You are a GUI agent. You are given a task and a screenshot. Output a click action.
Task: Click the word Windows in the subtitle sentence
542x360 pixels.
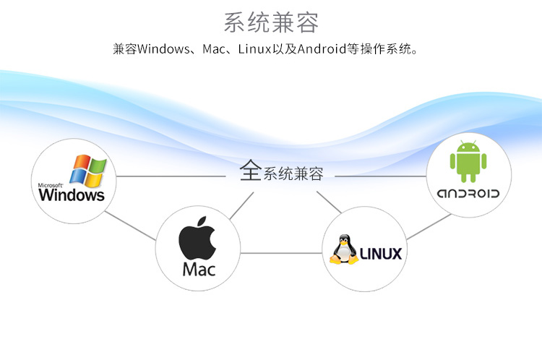162,50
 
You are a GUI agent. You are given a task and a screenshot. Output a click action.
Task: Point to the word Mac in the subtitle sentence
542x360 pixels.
208,50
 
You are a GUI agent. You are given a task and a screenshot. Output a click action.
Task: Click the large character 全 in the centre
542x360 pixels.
250,171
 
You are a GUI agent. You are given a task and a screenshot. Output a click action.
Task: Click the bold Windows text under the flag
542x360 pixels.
72,195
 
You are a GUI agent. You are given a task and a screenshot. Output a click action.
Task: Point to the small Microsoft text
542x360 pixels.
51,185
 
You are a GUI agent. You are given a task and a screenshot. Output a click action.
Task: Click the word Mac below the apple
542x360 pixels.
199,270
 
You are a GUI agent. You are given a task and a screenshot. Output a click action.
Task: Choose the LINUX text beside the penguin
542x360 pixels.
380,254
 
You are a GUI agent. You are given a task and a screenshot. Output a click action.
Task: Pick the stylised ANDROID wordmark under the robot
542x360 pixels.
468,194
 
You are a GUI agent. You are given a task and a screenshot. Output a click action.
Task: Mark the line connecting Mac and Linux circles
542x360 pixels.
282,253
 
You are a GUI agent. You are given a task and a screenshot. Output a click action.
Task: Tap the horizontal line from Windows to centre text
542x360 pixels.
173,176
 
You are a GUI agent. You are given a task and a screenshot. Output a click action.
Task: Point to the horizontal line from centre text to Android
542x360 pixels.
379,176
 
